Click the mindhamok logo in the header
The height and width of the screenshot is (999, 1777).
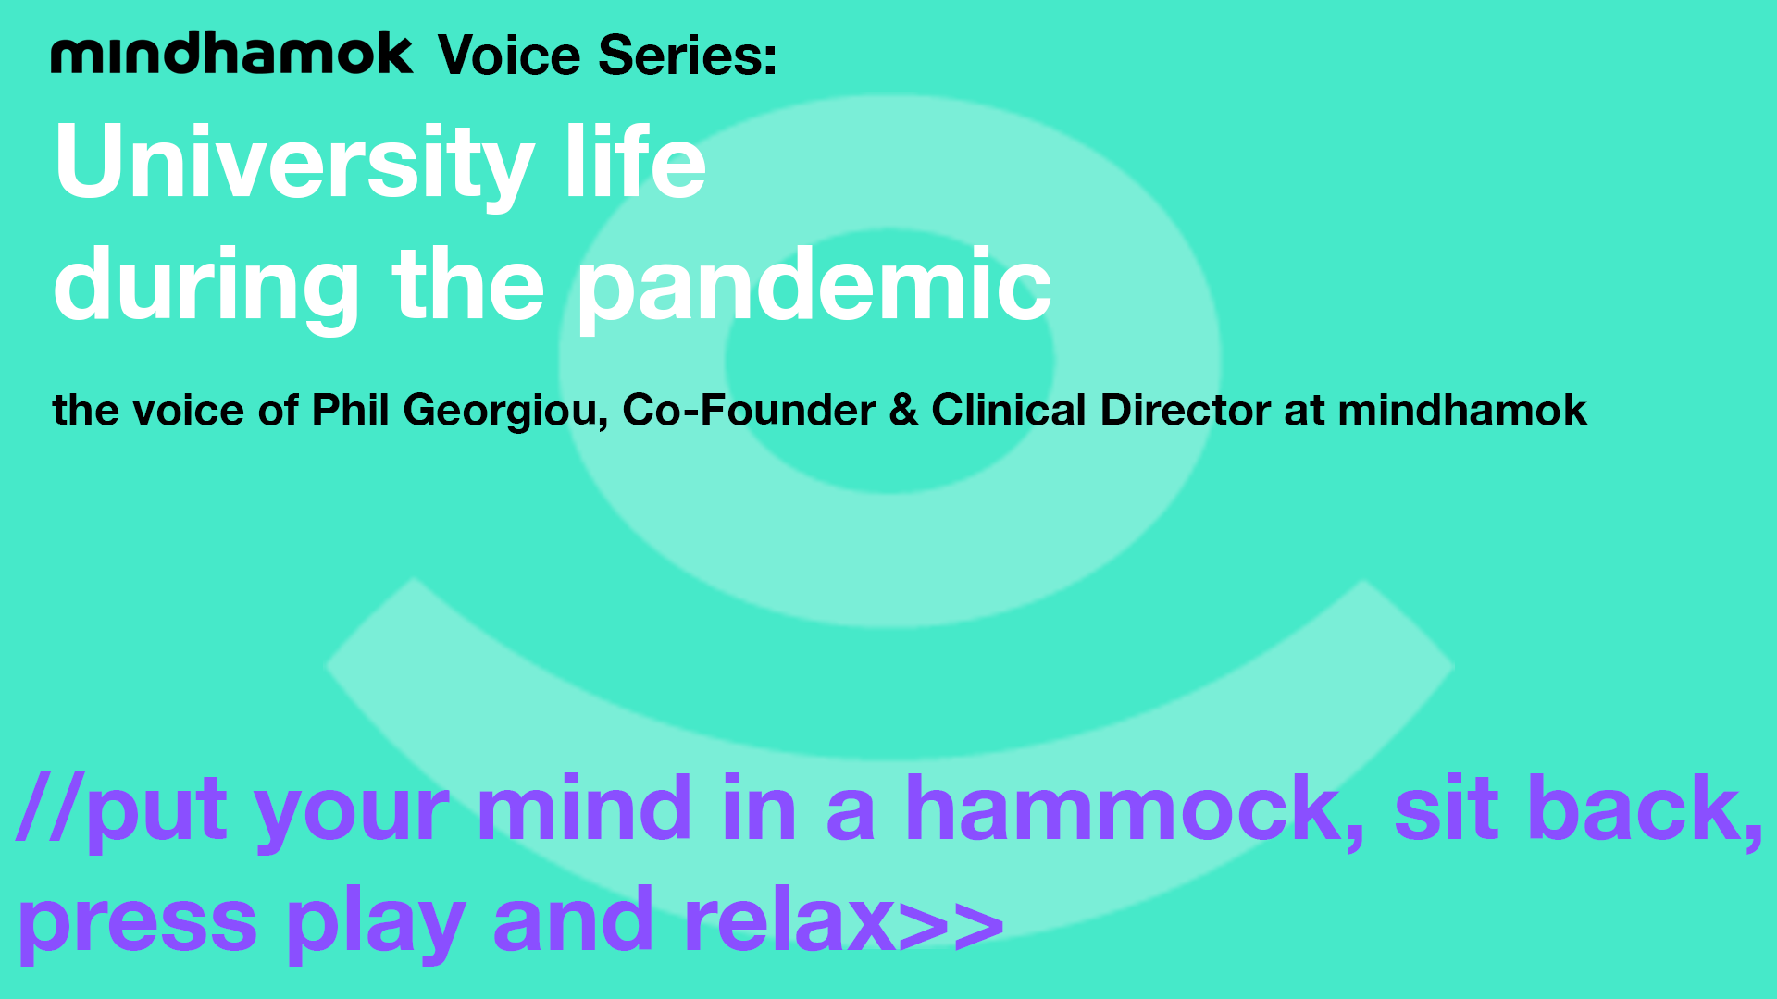pos(231,53)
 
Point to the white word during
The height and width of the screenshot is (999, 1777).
pos(206,287)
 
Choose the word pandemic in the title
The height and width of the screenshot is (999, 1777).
pos(815,287)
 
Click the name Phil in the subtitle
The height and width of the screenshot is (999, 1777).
pos(350,410)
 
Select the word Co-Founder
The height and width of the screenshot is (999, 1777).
pos(749,410)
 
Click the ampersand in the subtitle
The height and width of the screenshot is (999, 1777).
pos(903,410)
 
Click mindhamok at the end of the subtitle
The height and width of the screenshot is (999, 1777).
pos(1462,410)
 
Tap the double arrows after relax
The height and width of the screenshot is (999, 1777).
pos(951,923)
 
